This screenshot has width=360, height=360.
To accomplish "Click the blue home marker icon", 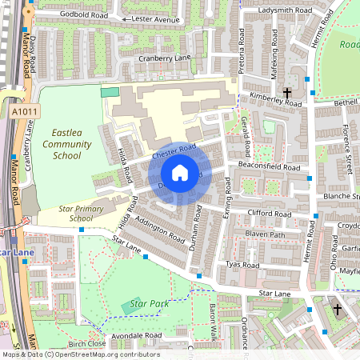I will [x=179, y=173].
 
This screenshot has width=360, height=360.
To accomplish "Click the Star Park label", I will [x=144, y=305].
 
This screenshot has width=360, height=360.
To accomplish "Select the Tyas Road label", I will [x=243, y=265].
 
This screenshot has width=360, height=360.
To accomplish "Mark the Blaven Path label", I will [x=265, y=234].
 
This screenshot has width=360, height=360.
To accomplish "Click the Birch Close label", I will [x=87, y=344].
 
